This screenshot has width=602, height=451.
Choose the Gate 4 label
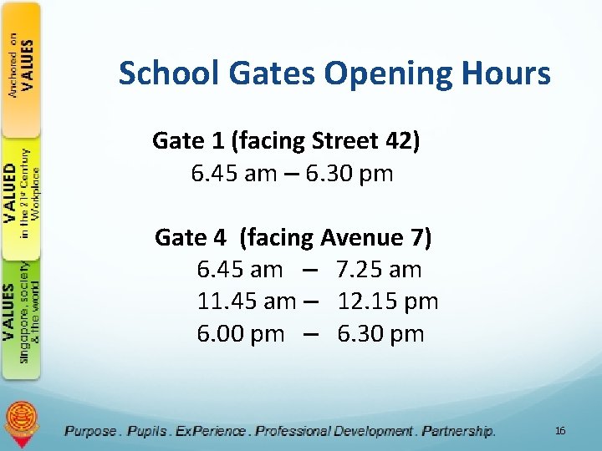[191, 238]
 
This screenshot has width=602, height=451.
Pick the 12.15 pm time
[388, 302]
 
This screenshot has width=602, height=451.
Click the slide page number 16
[560, 430]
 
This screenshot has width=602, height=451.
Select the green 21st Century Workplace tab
[22, 194]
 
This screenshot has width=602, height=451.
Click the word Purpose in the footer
[91, 431]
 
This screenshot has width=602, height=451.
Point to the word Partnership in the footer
[458, 431]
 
